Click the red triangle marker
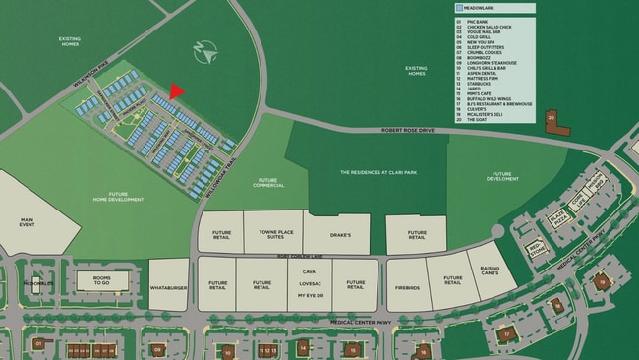[x=176, y=91]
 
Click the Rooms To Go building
[x=102, y=280]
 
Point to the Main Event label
[x=27, y=224]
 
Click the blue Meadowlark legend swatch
[x=460, y=8]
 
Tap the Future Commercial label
[x=267, y=182]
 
